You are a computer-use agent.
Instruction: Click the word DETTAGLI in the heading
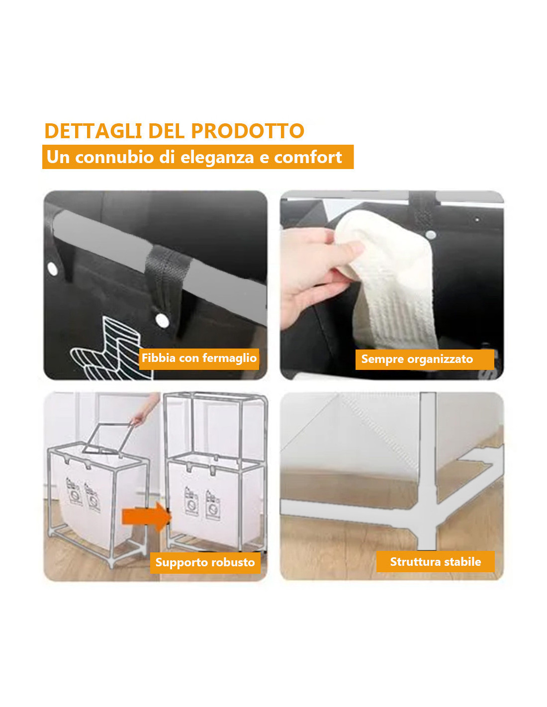point(93,131)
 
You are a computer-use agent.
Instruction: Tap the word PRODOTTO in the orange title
point(248,131)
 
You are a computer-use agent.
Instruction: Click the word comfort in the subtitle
point(308,157)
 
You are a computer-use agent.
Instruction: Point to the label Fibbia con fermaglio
point(199,358)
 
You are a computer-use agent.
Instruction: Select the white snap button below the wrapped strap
point(162,321)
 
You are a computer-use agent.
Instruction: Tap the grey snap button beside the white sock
point(431,235)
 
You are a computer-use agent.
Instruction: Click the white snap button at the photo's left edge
point(52,269)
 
